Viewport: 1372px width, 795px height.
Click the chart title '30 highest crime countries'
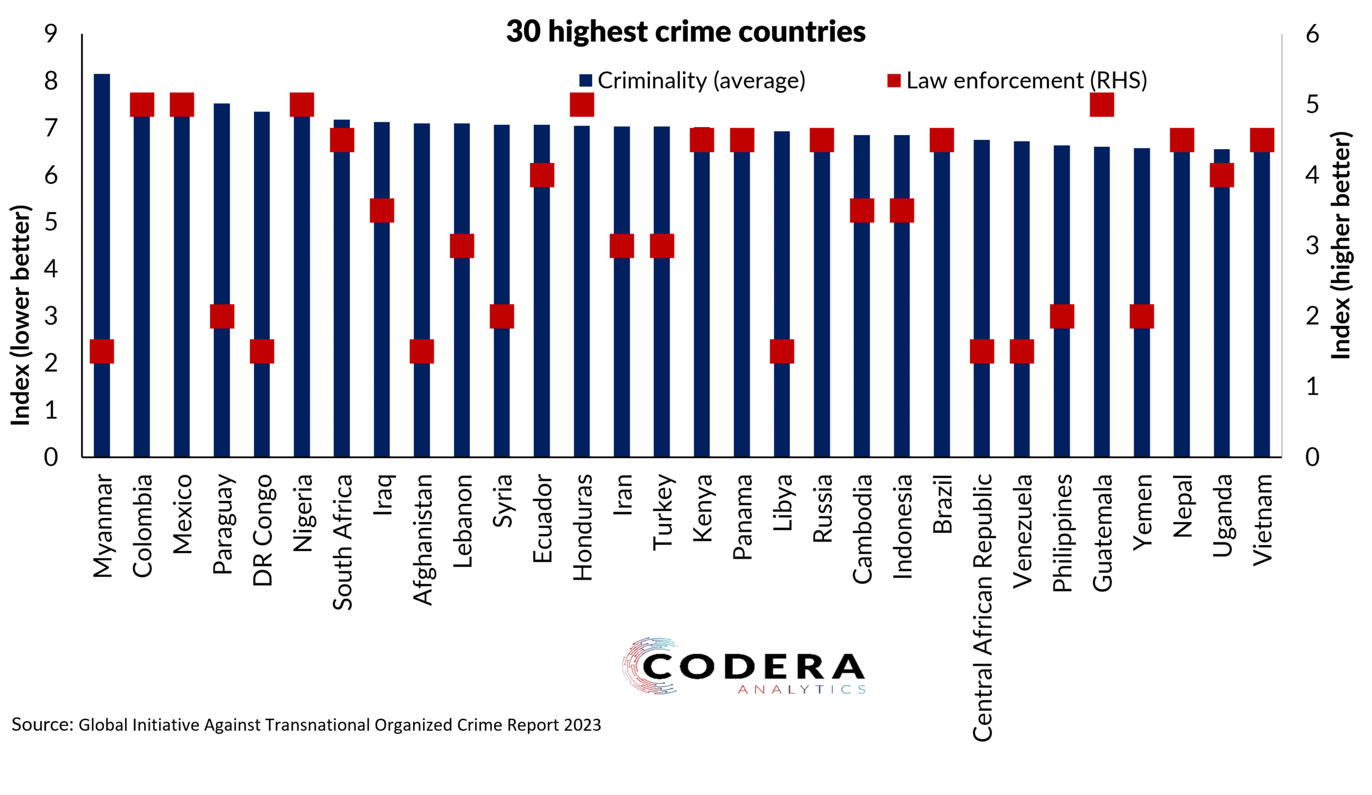pyautogui.click(x=685, y=31)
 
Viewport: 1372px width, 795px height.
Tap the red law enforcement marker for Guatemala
pyautogui.click(x=1101, y=105)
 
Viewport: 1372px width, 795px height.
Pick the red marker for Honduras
pyautogui.click(x=581, y=105)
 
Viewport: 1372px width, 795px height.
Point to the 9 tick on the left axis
pyautogui.click(x=50, y=34)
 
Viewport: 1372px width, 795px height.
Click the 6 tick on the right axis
pyautogui.click(x=1313, y=34)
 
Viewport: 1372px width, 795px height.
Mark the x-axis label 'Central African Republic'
pyautogui.click(x=983, y=607)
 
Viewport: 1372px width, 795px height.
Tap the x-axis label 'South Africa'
pyautogui.click(x=342, y=543)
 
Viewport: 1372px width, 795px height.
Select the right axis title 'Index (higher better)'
pyautogui.click(x=1341, y=245)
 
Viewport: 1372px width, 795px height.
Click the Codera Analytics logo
pyautogui.click(x=744, y=666)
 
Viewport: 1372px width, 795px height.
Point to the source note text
pyautogui.click(x=306, y=725)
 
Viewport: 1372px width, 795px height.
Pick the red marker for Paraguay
pyautogui.click(x=222, y=316)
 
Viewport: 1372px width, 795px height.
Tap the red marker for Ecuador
pyautogui.click(x=542, y=175)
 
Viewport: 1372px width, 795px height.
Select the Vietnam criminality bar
pyautogui.click(x=1262, y=305)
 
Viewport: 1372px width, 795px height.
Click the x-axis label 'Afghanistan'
pyautogui.click(x=422, y=540)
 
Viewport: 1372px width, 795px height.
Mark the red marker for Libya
pyautogui.click(x=782, y=351)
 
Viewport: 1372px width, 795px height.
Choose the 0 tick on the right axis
pyautogui.click(x=1313, y=457)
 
